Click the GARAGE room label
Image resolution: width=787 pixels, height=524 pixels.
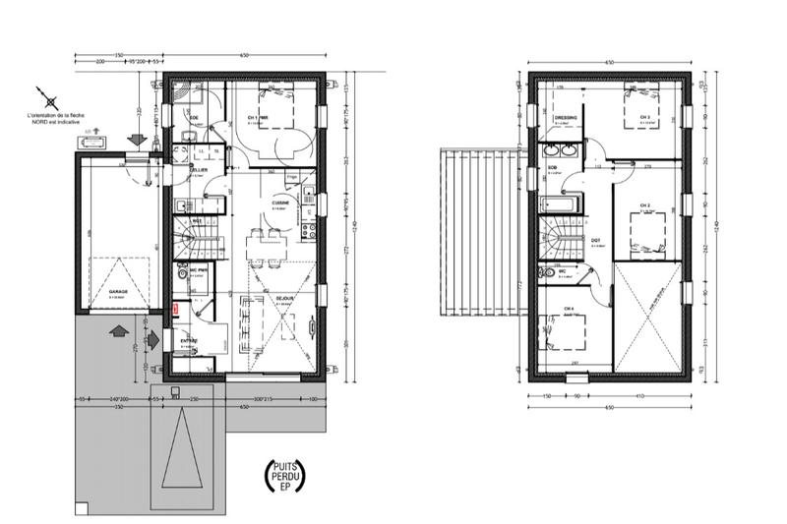[118, 291]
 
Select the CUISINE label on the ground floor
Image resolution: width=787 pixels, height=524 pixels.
[280, 204]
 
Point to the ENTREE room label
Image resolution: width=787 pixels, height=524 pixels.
[188, 340]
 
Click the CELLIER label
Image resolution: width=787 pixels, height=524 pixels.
[199, 170]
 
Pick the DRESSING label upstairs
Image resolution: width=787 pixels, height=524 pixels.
[566, 117]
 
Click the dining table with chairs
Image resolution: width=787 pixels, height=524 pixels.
[260, 247]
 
